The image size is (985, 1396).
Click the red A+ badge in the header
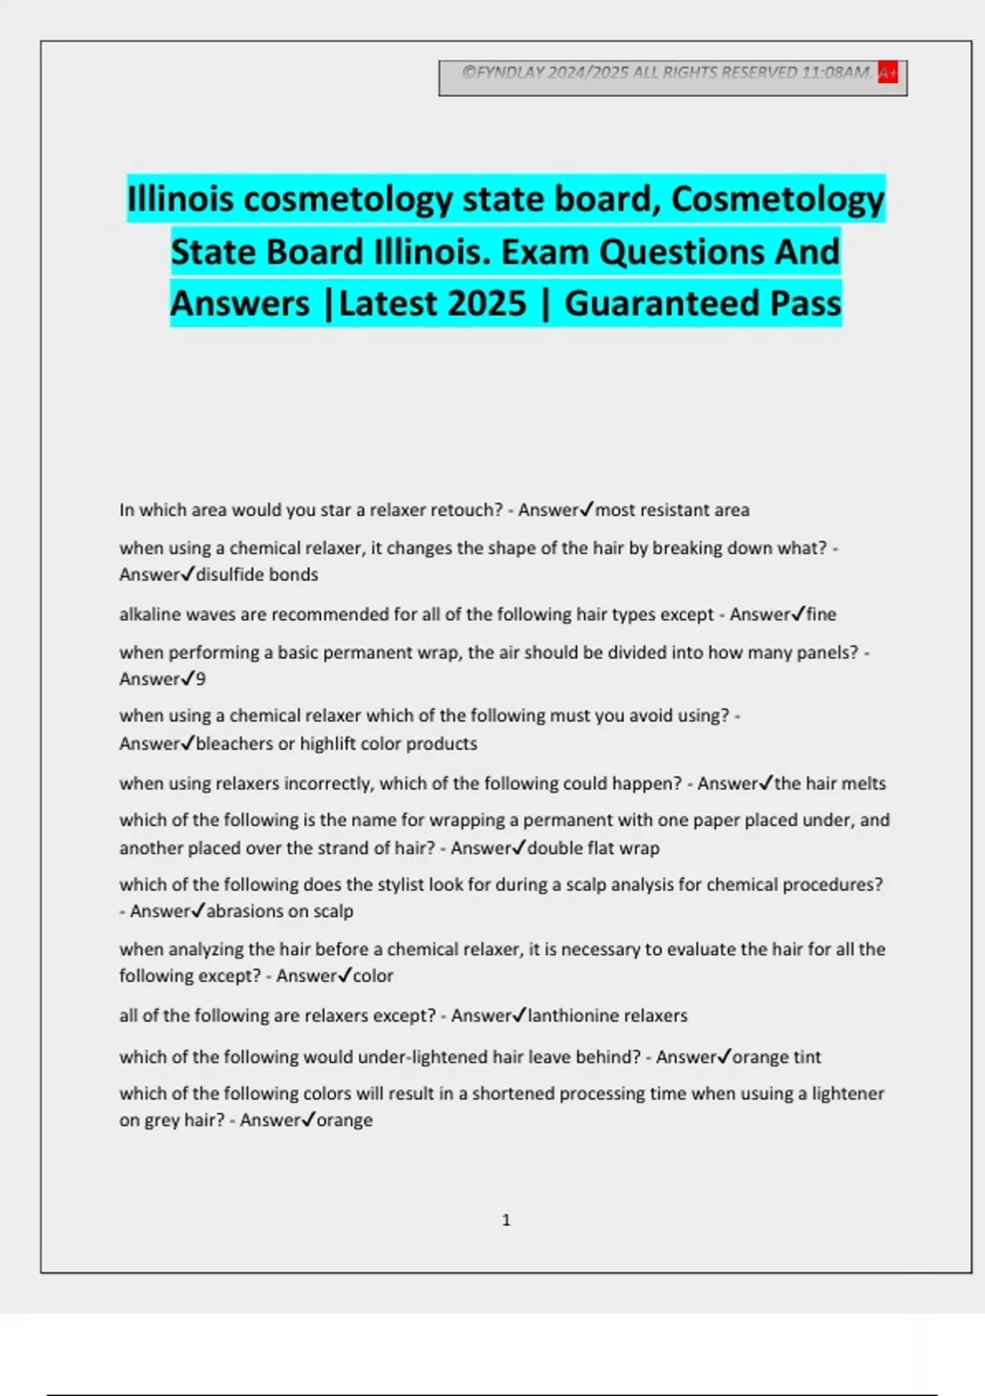coord(887,73)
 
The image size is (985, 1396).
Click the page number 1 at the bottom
coord(506,1220)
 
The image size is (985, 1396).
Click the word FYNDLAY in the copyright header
coord(510,72)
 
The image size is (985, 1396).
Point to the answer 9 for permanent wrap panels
coord(200,679)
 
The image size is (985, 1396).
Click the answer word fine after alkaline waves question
coord(821,614)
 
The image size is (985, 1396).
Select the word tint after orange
coord(806,1057)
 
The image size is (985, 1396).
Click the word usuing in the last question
coord(779,1094)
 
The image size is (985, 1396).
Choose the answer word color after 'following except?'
coord(373,976)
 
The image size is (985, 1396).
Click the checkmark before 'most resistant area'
coord(586,510)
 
